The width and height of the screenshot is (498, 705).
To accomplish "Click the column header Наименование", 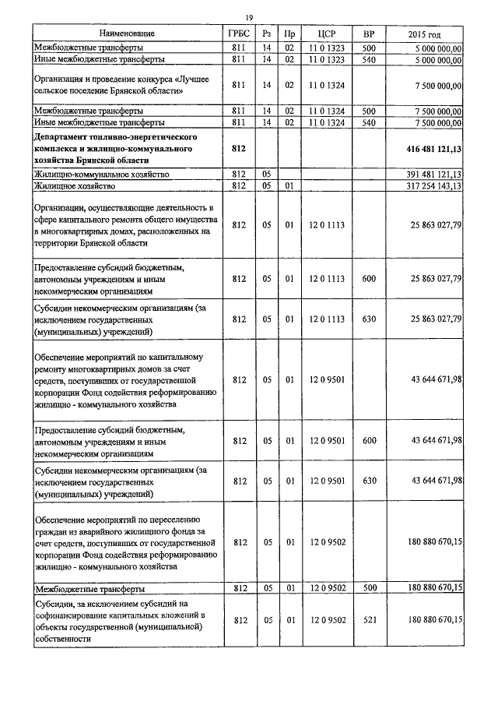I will click(128, 34).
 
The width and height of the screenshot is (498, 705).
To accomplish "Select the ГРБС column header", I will click(240, 34).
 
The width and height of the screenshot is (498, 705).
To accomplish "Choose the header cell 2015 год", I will click(424, 34).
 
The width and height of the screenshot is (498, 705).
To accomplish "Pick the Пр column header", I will click(289, 34).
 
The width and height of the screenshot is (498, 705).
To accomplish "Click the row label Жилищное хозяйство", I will click(75, 186).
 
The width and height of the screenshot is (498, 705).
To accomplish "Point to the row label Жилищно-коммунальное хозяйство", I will click(101, 174).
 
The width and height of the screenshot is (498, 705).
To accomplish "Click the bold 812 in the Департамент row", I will click(240, 147).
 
